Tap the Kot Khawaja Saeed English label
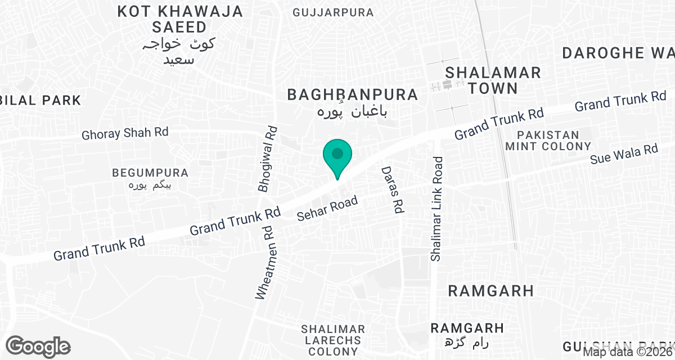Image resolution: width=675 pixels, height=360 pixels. [x=180, y=19]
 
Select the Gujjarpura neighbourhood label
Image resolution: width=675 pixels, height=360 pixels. [x=334, y=12]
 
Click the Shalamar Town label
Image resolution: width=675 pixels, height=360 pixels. [x=493, y=80]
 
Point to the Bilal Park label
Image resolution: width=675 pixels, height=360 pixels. [x=40, y=100]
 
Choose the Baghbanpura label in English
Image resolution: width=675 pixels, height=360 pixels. [x=353, y=94]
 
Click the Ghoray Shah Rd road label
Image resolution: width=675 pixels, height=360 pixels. [x=125, y=134]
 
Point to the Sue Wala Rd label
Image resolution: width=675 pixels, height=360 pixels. [x=624, y=154]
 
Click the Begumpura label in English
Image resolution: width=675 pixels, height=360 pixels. [x=150, y=173]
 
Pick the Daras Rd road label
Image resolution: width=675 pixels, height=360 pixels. [x=392, y=190]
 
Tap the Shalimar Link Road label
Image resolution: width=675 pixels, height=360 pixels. [x=437, y=209]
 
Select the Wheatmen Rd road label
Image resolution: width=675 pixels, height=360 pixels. [x=267, y=262]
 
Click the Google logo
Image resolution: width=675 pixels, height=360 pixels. [x=38, y=346]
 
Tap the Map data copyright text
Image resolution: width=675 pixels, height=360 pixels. [x=628, y=352]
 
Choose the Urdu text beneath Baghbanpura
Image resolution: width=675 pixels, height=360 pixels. [x=353, y=111]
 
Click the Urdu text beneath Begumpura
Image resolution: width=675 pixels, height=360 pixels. [x=150, y=185]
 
